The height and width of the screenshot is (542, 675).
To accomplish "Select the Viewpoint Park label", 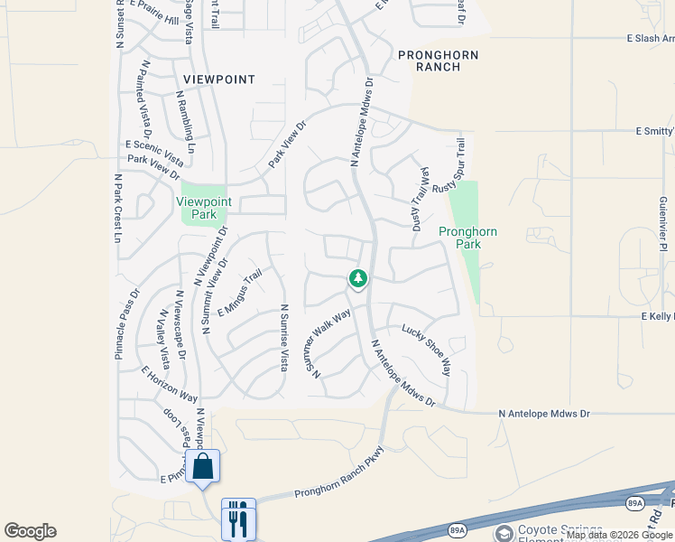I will pos(204,208).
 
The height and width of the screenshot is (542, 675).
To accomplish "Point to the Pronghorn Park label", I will pos(467,238).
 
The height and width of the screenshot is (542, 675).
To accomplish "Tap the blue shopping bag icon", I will pos(203,467).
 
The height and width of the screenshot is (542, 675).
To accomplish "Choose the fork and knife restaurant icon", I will pos(238,519).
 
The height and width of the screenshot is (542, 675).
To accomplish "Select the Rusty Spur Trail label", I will pos(449,165).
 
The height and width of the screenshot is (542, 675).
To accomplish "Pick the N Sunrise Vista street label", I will pos(282,337).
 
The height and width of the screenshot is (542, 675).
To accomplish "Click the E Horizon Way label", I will pos(170,384).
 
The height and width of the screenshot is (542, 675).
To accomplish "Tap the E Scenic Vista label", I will pos(154,154).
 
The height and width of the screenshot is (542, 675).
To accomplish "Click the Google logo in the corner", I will pos(30,531).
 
